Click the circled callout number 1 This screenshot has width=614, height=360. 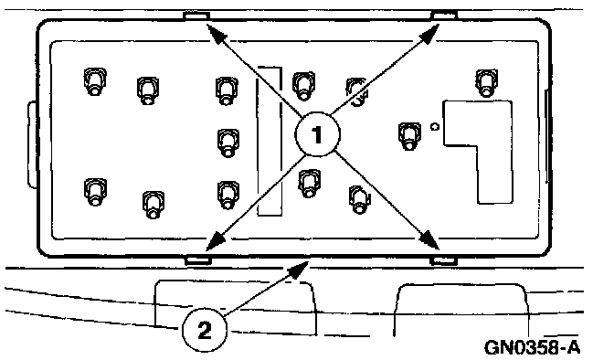point(317,134)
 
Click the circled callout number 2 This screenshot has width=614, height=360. point(205,330)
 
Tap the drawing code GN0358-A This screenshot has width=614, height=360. point(532,346)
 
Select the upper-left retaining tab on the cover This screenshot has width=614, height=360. point(196,16)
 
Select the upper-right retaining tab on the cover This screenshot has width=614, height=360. point(444,16)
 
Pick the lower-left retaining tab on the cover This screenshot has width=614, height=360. point(198,260)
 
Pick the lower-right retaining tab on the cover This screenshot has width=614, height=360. point(443,260)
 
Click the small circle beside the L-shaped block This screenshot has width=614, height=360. point(435,126)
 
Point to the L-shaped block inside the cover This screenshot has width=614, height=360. point(478,152)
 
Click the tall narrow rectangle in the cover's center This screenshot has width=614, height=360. point(270,141)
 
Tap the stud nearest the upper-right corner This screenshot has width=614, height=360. point(486,82)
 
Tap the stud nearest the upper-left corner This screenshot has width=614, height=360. point(95,81)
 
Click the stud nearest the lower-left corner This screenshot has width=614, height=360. point(95,192)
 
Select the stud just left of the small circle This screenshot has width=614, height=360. point(409,136)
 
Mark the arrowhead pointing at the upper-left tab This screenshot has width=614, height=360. point(217,32)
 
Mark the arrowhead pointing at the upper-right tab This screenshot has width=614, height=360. point(429,33)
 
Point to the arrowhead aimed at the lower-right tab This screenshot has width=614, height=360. point(429,239)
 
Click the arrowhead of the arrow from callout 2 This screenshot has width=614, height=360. point(299,270)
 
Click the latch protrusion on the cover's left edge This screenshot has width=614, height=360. point(31,144)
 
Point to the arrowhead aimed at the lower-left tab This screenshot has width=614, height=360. point(217,240)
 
